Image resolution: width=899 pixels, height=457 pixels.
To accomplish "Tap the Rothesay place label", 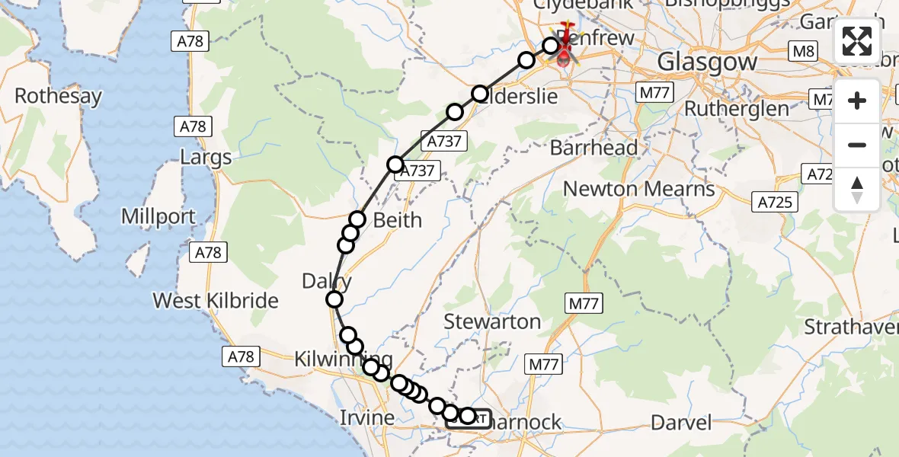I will point(58,96).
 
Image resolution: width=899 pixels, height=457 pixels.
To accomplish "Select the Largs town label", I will point(206,158).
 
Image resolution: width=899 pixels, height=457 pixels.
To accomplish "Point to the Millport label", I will point(158,217).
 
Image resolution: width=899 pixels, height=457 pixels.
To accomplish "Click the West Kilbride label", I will point(216,300).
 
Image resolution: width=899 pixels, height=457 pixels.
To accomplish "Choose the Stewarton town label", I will point(493,321).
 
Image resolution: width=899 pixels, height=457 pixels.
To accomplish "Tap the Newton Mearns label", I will point(639,188).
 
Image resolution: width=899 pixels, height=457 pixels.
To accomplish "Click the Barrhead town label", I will point(604,148).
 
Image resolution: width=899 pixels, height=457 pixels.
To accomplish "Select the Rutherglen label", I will point(736,109).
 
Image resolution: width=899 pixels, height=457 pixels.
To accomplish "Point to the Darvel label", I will point(683,422).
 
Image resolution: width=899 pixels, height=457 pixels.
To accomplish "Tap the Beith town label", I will point(397,220).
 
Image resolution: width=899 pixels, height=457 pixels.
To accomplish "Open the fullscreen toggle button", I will point(857,41).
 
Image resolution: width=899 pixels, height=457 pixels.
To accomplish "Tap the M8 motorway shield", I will point(803,52).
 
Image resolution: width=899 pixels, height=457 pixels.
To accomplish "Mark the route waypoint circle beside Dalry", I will point(334,300).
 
